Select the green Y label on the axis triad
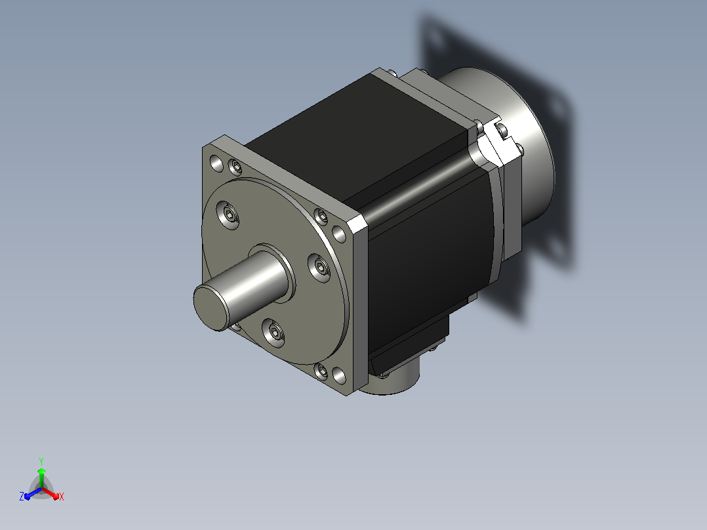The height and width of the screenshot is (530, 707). click(41, 461)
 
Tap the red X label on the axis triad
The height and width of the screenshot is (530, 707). click(62, 497)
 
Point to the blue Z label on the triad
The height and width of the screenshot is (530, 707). click(22, 497)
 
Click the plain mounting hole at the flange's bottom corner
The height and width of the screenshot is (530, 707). click(339, 375)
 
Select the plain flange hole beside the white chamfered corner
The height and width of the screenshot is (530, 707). click(339, 234)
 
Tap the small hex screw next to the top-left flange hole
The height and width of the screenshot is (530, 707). click(235, 168)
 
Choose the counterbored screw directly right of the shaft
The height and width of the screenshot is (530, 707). click(319, 268)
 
